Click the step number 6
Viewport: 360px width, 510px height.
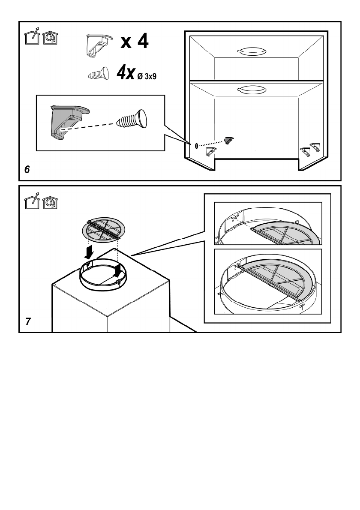pos(27,170)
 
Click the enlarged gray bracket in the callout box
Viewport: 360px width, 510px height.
pos(67,119)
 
